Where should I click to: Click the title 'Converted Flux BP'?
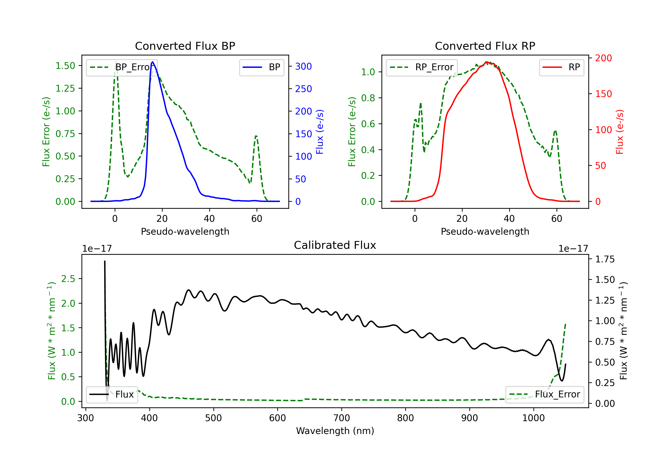tap(185, 46)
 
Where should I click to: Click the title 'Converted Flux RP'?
tap(485, 46)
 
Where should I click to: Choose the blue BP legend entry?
tap(261, 67)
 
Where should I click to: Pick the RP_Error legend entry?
tap(422, 67)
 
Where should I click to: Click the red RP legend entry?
tap(561, 67)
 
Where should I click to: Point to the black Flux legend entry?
tap(112, 395)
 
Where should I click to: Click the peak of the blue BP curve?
tap(153, 62)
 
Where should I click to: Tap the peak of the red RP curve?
tap(487, 62)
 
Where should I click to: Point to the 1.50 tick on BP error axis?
tap(65, 66)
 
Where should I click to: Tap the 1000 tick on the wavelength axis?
tap(533, 418)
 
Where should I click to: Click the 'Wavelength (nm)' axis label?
tap(335, 431)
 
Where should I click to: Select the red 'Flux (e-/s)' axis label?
tap(620, 132)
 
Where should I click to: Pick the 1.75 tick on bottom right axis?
tap(605, 259)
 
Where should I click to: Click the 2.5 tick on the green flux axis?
tap(68, 279)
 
